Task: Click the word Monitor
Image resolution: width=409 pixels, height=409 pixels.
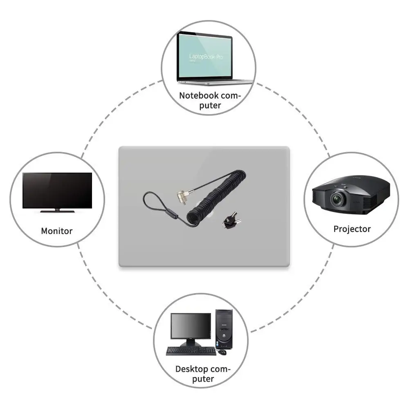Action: (56, 231)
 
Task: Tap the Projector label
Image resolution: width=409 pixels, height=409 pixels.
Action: (352, 229)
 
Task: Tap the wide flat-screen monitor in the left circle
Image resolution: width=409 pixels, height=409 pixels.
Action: (57, 190)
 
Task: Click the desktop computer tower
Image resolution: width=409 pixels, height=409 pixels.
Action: (224, 329)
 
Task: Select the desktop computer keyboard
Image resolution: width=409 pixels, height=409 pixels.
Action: (191, 351)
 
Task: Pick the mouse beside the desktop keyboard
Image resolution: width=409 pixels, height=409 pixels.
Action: (222, 352)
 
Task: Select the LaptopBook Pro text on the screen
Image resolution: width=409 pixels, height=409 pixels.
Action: (206, 57)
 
